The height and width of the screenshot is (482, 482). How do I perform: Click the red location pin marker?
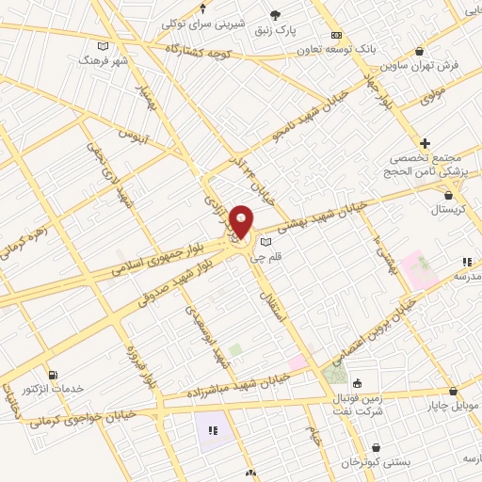pyautogui.click(x=241, y=221)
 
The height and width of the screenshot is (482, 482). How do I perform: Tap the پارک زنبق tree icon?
pyautogui.click(x=276, y=14)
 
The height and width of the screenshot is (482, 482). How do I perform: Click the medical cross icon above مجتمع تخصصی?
pyautogui.click(x=426, y=143)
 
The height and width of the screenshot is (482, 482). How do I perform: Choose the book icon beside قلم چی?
pyautogui.click(x=265, y=242)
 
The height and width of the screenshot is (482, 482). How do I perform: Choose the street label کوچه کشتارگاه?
pyautogui.click(x=198, y=47)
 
